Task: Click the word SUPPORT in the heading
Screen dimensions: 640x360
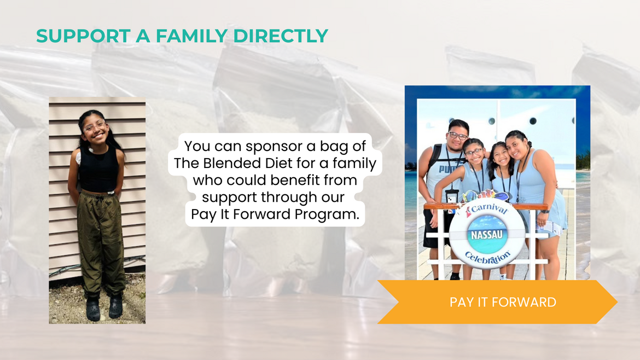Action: (x=83, y=36)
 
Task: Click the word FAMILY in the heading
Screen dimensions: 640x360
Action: (x=191, y=36)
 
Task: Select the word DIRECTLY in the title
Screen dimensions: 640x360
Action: (x=281, y=36)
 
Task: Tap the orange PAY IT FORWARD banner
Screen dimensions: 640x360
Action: (x=498, y=302)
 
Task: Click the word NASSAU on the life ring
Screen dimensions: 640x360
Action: (x=486, y=235)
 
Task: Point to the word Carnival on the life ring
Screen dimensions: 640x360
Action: (x=488, y=208)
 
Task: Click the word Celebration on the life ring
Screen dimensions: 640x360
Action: (x=488, y=258)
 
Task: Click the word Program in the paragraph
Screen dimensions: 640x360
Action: (x=327, y=214)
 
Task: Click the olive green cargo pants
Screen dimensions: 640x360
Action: (x=101, y=242)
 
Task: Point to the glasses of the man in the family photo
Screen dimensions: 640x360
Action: (x=457, y=136)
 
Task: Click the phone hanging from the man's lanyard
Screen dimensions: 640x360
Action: (x=451, y=197)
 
